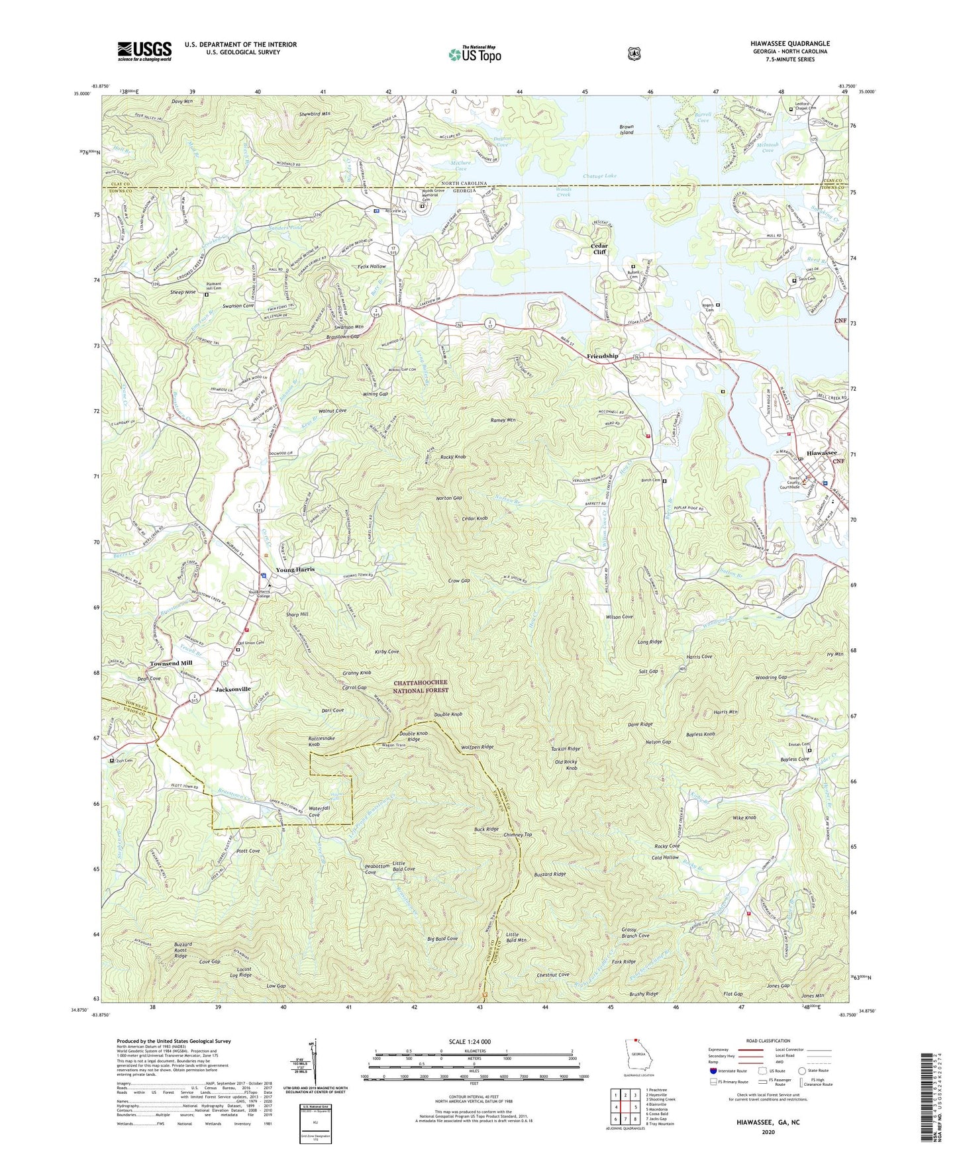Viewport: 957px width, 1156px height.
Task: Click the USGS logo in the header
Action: (x=144, y=51)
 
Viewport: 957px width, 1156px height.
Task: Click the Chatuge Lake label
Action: (x=599, y=176)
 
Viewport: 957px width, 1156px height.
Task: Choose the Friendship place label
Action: (x=602, y=356)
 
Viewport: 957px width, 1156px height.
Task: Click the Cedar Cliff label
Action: (x=599, y=248)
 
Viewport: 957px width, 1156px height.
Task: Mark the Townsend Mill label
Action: (x=170, y=663)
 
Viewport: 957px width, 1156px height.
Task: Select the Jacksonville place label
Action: (x=232, y=689)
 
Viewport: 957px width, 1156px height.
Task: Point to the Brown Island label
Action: (x=627, y=129)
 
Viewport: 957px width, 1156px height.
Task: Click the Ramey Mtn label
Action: (x=502, y=420)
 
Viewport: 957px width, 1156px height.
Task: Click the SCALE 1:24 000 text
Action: (x=470, y=1041)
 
